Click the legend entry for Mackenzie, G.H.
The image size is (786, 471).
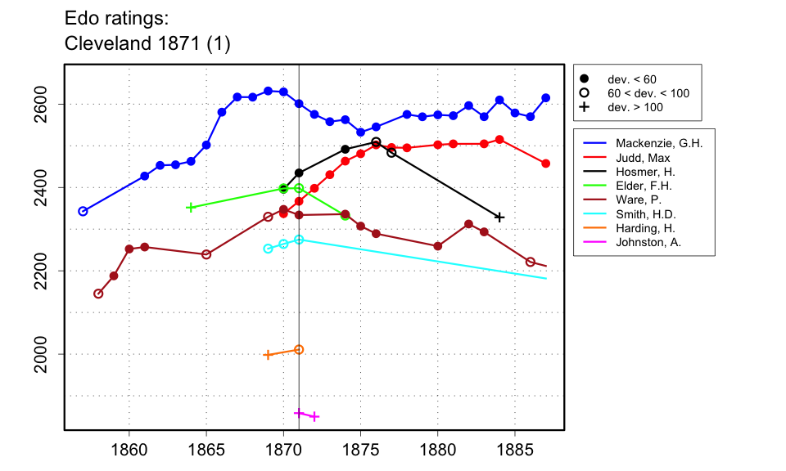659,142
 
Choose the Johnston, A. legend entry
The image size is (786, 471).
648,242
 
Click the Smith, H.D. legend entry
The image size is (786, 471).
646,213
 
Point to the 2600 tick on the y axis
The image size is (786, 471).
47,105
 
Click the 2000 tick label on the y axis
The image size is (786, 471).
47,354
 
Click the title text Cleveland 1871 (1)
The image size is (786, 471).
147,45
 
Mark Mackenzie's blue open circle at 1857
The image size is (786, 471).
83,211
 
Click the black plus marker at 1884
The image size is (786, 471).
499,217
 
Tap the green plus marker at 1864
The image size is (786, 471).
191,207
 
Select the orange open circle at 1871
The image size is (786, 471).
299,349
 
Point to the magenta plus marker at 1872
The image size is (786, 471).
314,416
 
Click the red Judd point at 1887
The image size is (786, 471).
546,164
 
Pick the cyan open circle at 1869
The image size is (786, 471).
268,249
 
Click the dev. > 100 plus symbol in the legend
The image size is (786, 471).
585,107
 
